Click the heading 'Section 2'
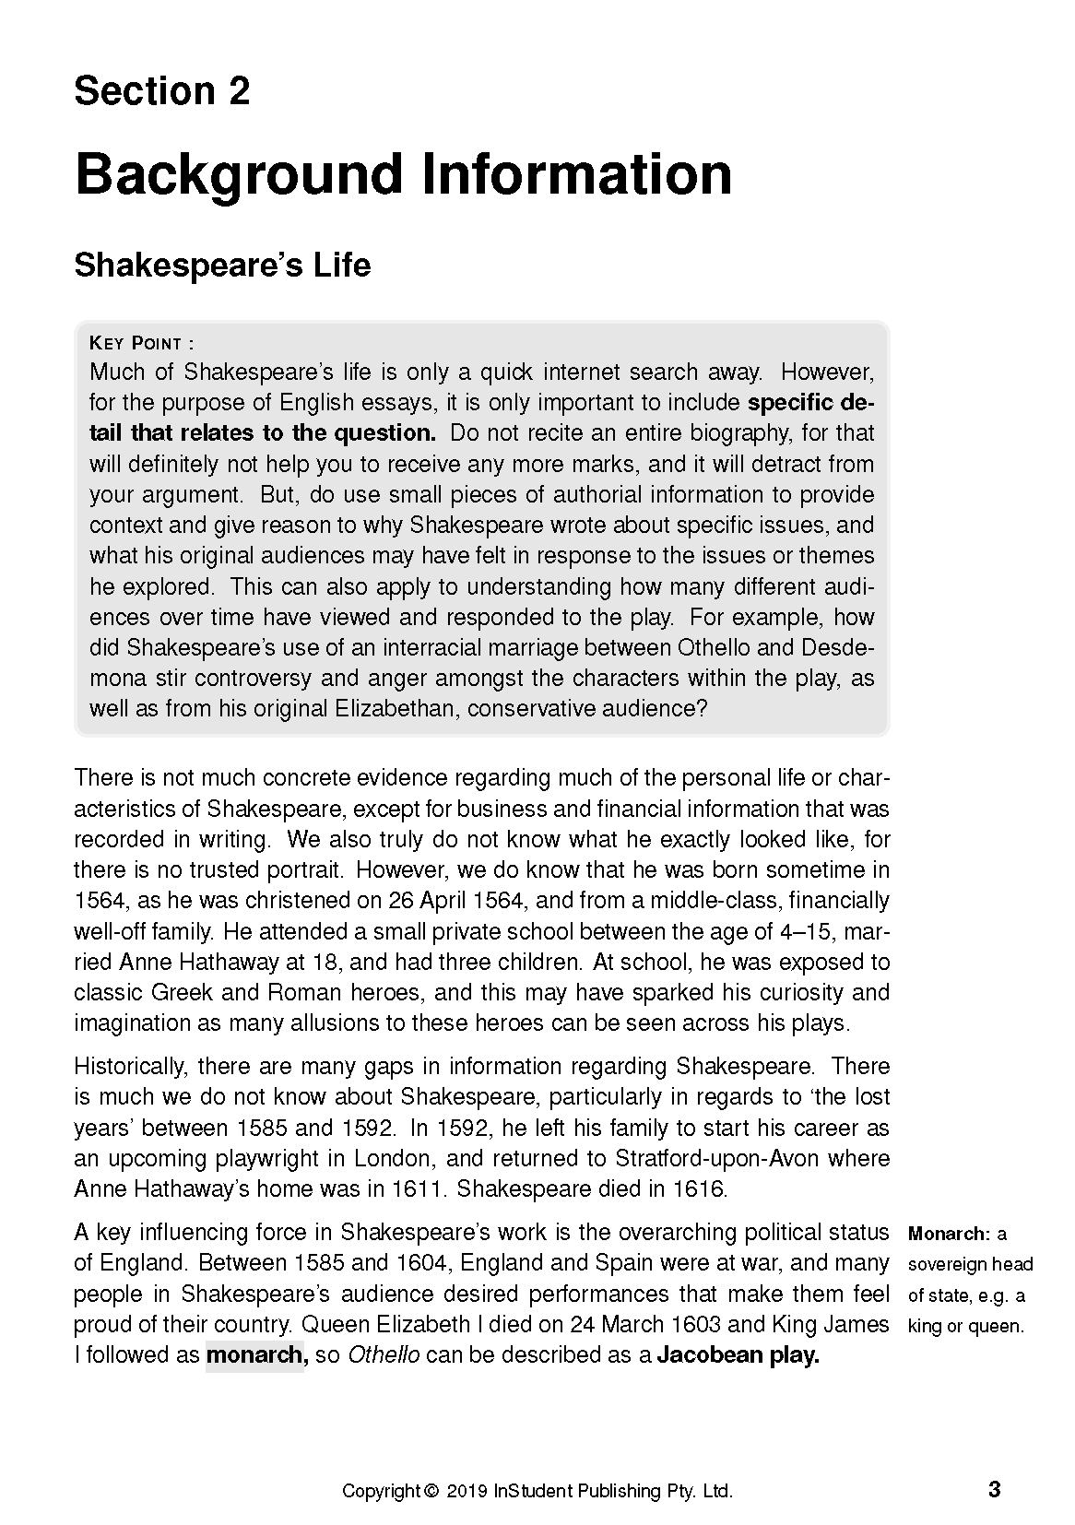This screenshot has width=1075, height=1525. coord(161,91)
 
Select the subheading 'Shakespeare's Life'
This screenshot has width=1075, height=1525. coord(222,265)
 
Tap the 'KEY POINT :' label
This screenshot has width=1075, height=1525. coord(141,344)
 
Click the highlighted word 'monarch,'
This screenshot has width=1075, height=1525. coord(254,1355)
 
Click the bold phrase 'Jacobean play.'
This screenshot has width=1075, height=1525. coord(738,1355)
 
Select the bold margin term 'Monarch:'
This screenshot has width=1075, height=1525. coord(949,1234)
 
